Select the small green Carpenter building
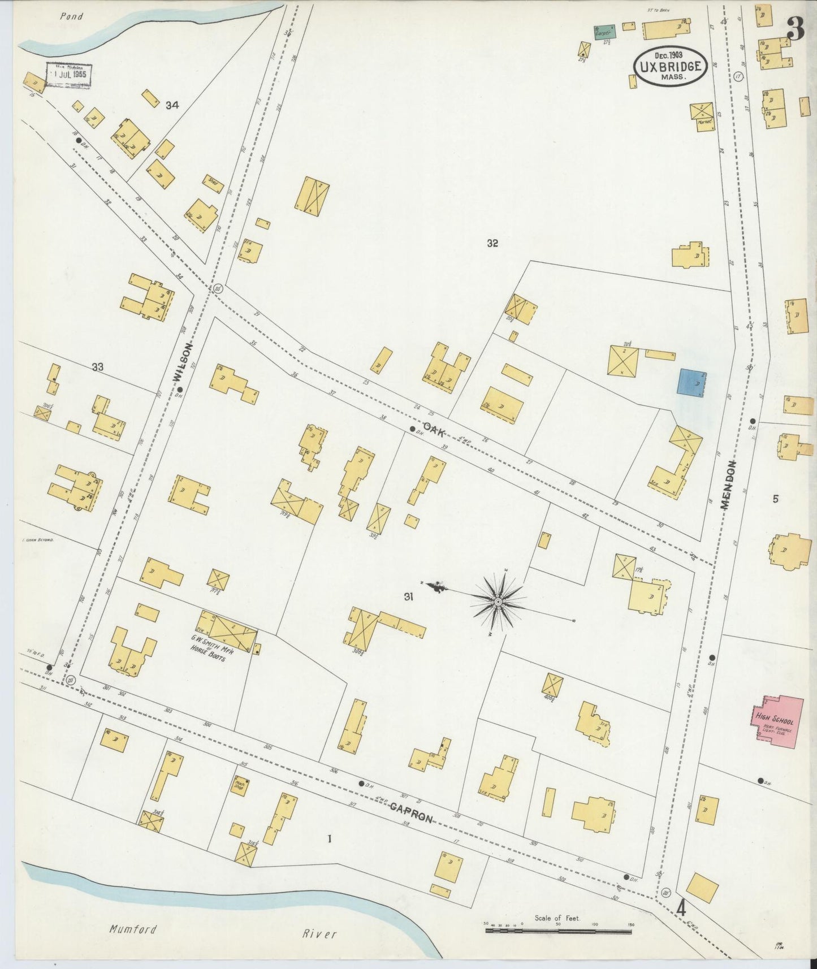pos(604,32)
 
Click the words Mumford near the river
pos(133,929)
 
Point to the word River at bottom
pos(319,933)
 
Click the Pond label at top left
pos(71,16)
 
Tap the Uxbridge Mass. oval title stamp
pos(670,66)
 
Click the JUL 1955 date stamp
pos(69,75)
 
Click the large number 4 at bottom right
pos(682,909)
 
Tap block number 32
pos(492,243)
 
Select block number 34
pos(172,105)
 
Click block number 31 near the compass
pos(409,596)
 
